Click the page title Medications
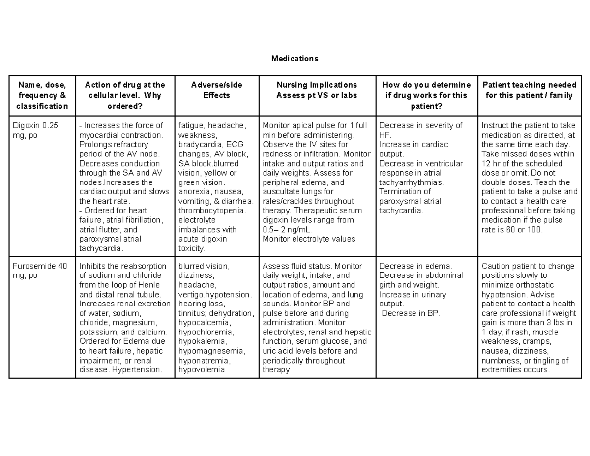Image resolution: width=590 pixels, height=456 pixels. coord(295,59)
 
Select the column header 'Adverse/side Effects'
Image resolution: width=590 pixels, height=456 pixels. coord(216,90)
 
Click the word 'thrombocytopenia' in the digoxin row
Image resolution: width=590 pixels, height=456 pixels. coord(211,211)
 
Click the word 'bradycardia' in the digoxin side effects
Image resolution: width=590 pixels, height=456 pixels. coord(199,145)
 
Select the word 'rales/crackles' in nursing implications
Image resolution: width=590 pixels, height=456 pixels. coord(287,201)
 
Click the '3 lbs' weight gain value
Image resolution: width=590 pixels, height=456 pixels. coord(560,323)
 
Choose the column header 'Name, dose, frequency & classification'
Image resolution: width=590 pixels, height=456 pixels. coord(42,95)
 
